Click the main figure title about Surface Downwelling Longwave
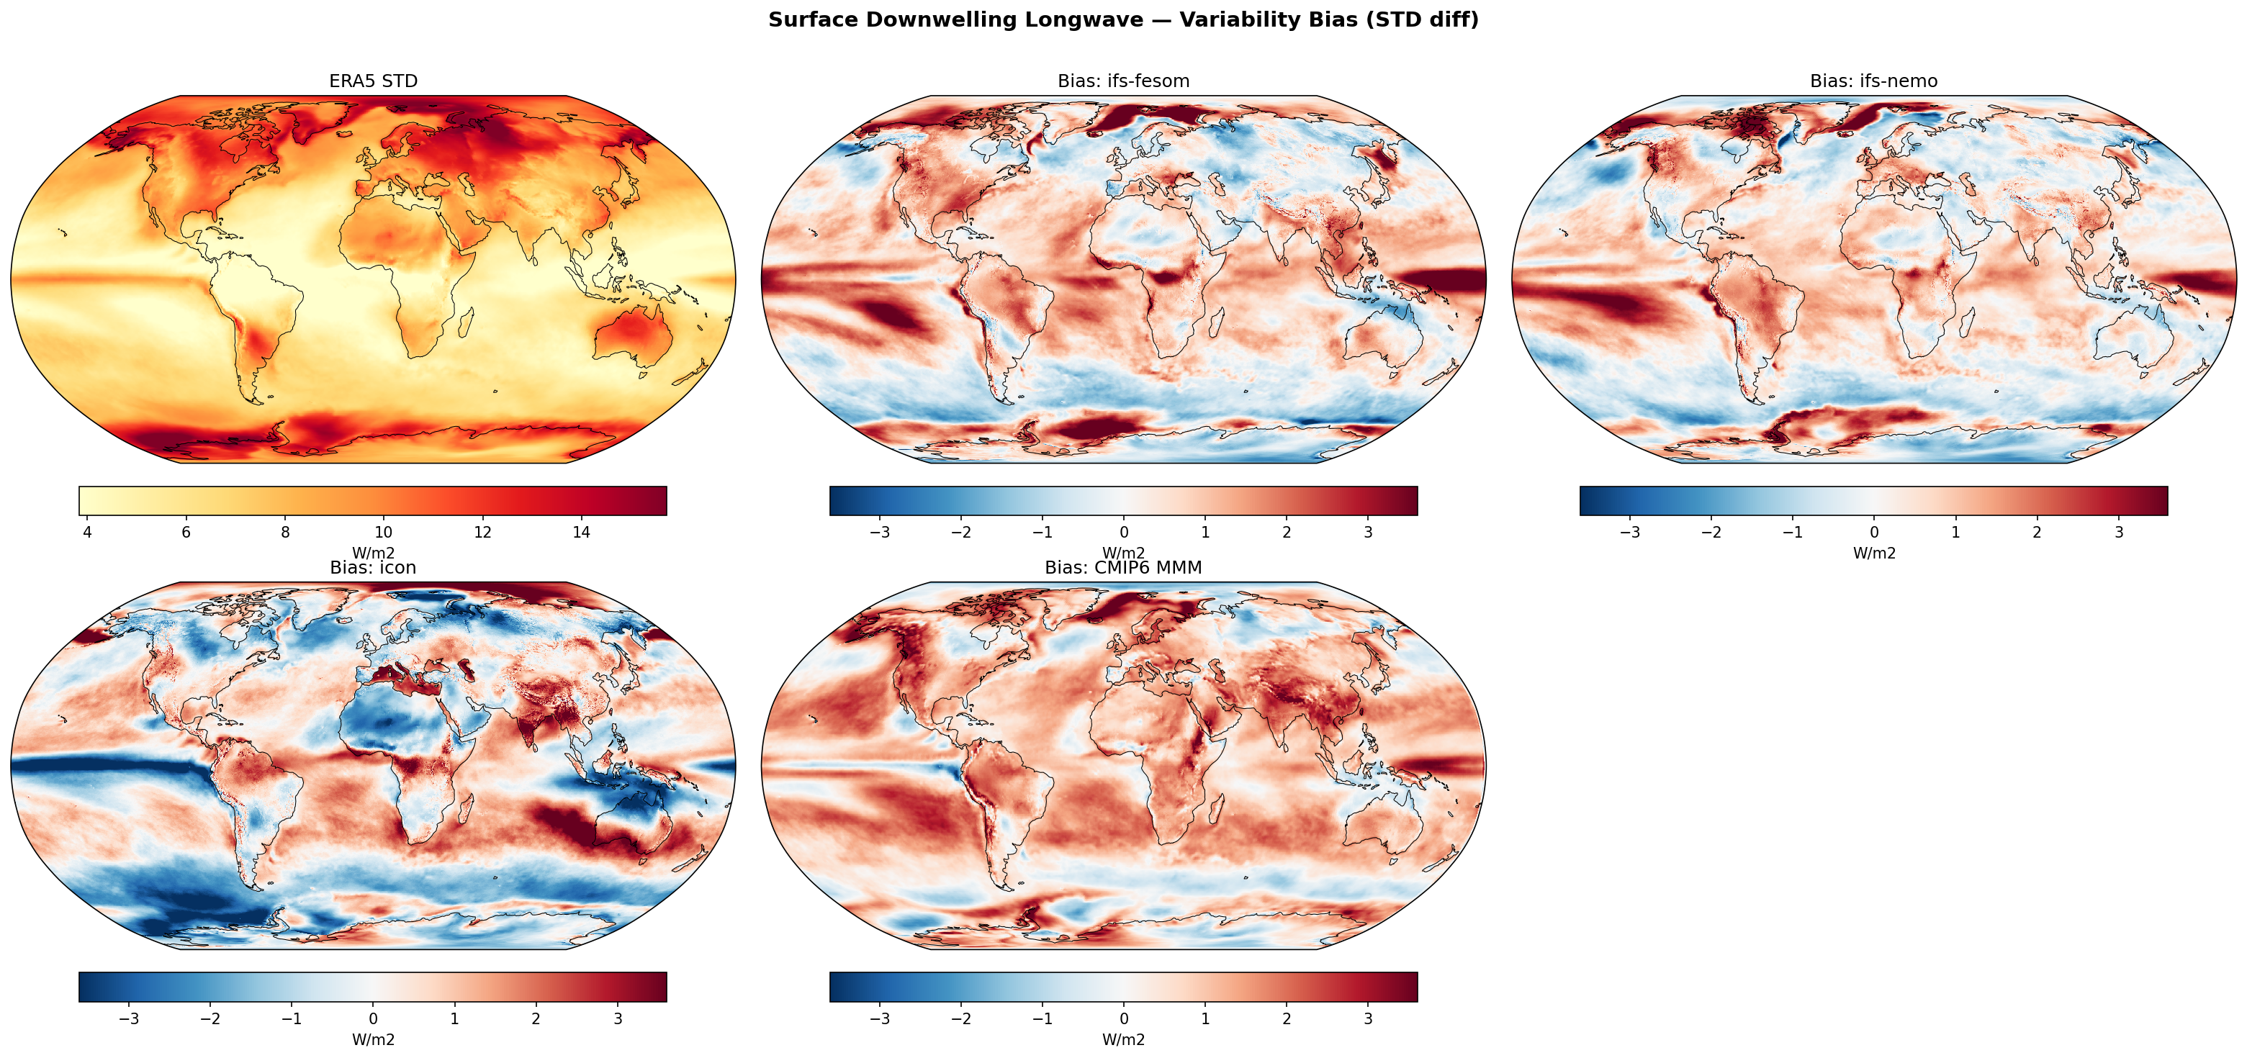point(1122,20)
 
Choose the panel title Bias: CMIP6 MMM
point(1122,568)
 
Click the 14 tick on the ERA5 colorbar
point(581,532)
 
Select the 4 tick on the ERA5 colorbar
point(87,532)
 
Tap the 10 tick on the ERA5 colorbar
point(384,532)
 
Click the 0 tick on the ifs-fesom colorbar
point(1123,532)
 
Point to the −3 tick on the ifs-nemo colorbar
point(1629,532)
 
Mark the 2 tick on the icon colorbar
point(536,1018)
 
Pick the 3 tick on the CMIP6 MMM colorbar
point(1368,1018)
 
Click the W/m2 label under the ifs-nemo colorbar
point(1873,553)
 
